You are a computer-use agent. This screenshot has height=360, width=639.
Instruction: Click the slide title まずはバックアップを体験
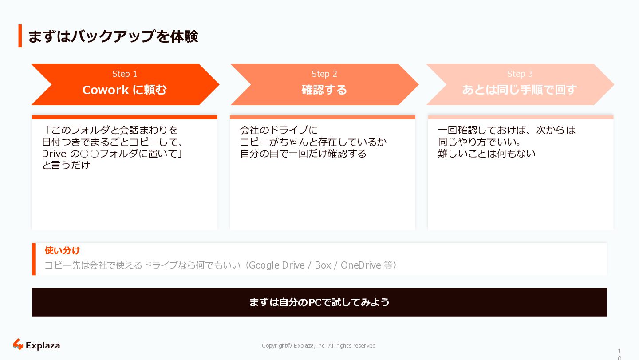tap(113, 36)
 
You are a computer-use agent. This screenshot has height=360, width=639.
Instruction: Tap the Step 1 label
tap(125, 74)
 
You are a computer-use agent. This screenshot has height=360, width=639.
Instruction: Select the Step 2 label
tap(324, 74)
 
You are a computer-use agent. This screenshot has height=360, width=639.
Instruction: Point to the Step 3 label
tap(520, 74)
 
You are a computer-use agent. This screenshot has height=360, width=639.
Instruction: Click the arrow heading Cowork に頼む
tap(125, 90)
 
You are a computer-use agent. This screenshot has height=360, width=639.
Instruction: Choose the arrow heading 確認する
tap(324, 90)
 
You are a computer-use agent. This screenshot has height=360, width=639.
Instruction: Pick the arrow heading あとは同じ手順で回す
tap(519, 90)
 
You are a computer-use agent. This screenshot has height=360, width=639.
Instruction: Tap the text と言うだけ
tap(66, 165)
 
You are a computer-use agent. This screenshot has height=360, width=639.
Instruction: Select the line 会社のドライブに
tap(279, 130)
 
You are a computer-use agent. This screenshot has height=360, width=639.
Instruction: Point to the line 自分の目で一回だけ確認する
tap(303, 154)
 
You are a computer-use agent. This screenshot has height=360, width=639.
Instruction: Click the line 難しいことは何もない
tap(487, 154)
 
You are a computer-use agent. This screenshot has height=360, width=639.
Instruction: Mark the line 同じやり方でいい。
tap(479, 142)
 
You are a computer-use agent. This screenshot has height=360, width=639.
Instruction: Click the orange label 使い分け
tap(63, 251)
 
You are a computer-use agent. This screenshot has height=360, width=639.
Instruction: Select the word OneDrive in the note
tap(361, 265)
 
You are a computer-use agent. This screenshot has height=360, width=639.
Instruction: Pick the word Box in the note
tap(323, 265)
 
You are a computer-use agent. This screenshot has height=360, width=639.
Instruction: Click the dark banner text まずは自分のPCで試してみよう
tap(319, 302)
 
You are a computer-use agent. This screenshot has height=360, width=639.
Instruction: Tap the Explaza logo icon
tap(18, 344)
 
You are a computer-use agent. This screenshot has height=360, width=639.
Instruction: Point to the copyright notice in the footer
tap(319, 346)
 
